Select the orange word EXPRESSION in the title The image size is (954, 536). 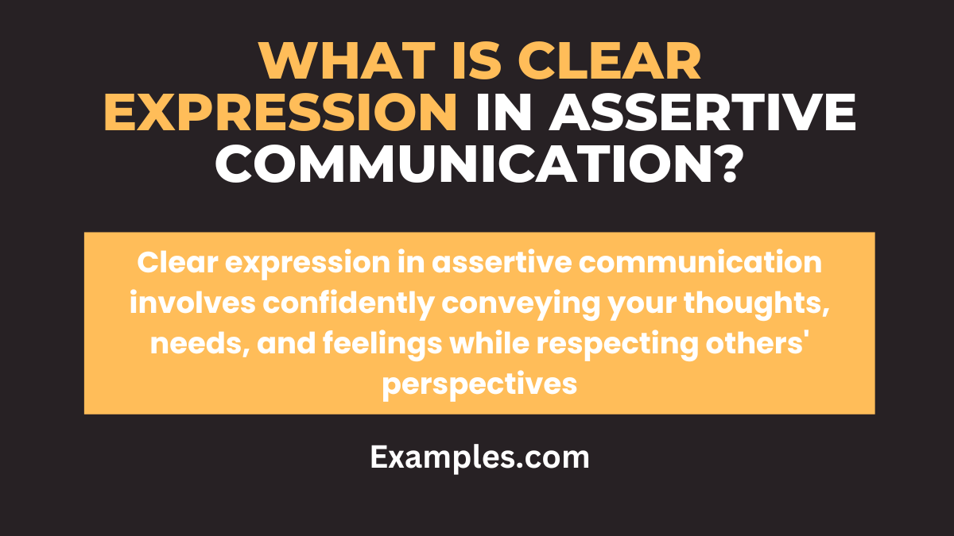point(281,113)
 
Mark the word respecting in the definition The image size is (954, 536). point(614,344)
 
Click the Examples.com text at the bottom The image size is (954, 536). point(479,457)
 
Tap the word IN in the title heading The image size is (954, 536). point(498,113)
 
